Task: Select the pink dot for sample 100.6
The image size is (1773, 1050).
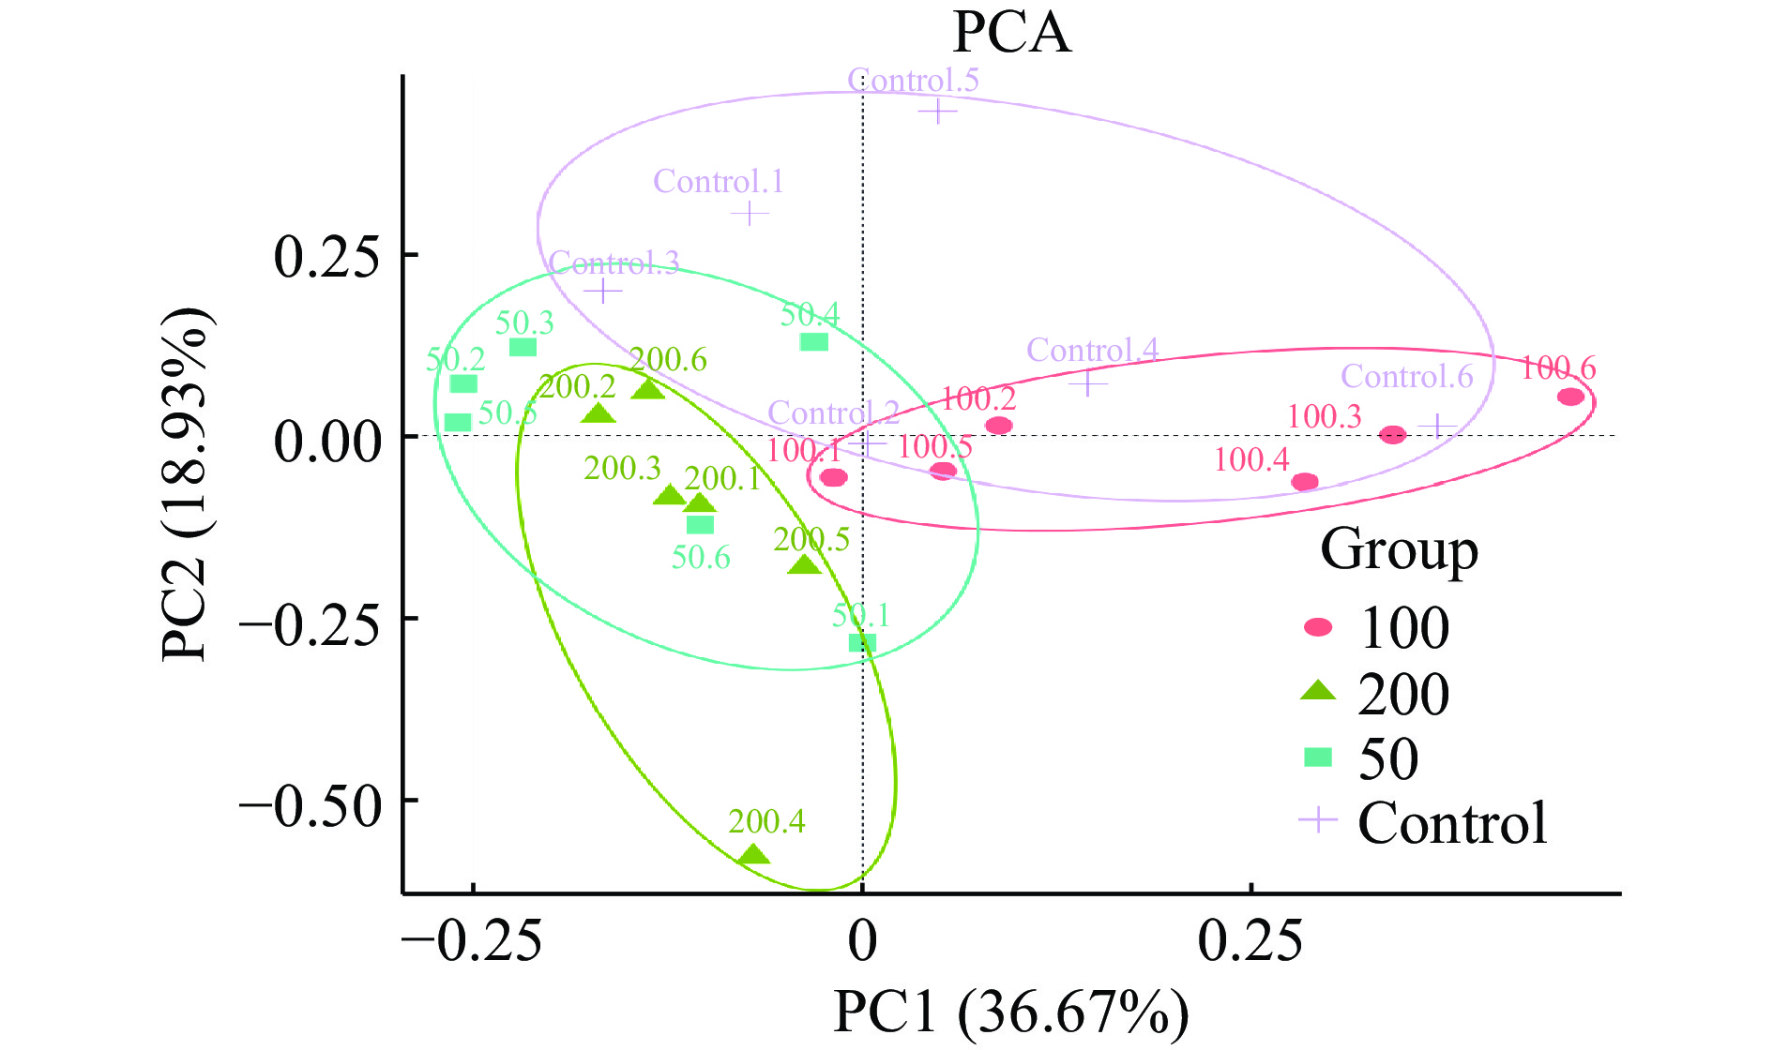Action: pos(1570,397)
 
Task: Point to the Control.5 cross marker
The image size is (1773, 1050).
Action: pos(937,112)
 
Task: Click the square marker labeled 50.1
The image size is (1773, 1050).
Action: pos(862,643)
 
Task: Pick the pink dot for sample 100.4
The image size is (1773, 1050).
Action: pos(1304,482)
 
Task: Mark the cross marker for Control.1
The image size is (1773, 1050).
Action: pos(749,214)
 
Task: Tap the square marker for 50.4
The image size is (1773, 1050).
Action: pos(813,342)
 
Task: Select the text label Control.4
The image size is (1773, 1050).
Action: pos(1092,351)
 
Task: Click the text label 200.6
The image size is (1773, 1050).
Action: pos(668,360)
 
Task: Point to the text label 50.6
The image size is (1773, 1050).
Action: pos(701,558)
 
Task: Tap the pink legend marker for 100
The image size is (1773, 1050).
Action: pos(1318,627)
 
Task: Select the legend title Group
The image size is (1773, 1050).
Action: pos(1399,550)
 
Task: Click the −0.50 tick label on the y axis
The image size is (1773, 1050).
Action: pos(311,803)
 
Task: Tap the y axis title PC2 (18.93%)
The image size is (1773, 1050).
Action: pos(186,485)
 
